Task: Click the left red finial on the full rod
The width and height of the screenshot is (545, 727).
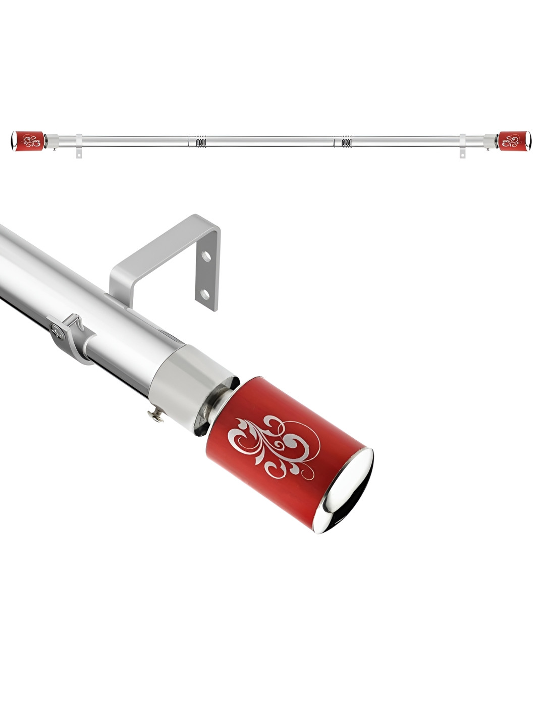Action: coord(28,141)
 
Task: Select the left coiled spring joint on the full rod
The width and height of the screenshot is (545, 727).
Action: coord(201,141)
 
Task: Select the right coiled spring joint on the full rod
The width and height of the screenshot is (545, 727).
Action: coord(347,141)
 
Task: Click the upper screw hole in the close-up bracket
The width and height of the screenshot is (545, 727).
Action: coord(206,256)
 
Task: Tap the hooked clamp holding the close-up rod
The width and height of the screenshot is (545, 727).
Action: coord(71,336)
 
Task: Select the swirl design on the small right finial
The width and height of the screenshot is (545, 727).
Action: coord(510,140)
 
